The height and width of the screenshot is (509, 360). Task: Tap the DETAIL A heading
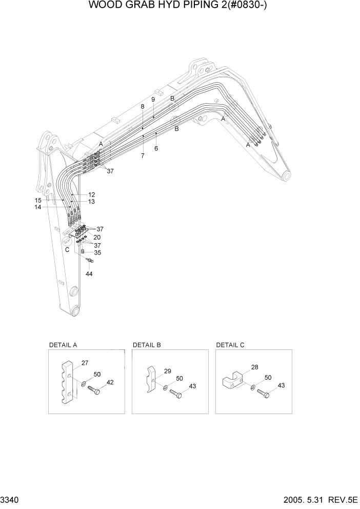(x=63, y=345)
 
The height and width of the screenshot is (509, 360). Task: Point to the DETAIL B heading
(x=147, y=345)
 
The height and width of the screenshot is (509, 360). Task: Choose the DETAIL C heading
(x=230, y=345)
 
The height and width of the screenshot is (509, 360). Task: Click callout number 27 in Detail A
(x=85, y=363)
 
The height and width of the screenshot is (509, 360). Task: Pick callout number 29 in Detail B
(x=167, y=370)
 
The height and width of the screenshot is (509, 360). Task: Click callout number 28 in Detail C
(x=255, y=367)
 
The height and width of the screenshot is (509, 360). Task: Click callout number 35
(x=97, y=252)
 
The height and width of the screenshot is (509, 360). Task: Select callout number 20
(x=97, y=237)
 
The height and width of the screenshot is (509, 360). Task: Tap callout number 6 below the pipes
(x=156, y=148)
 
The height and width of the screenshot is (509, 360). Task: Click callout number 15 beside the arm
(x=38, y=200)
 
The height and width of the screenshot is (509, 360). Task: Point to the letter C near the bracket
(x=67, y=249)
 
